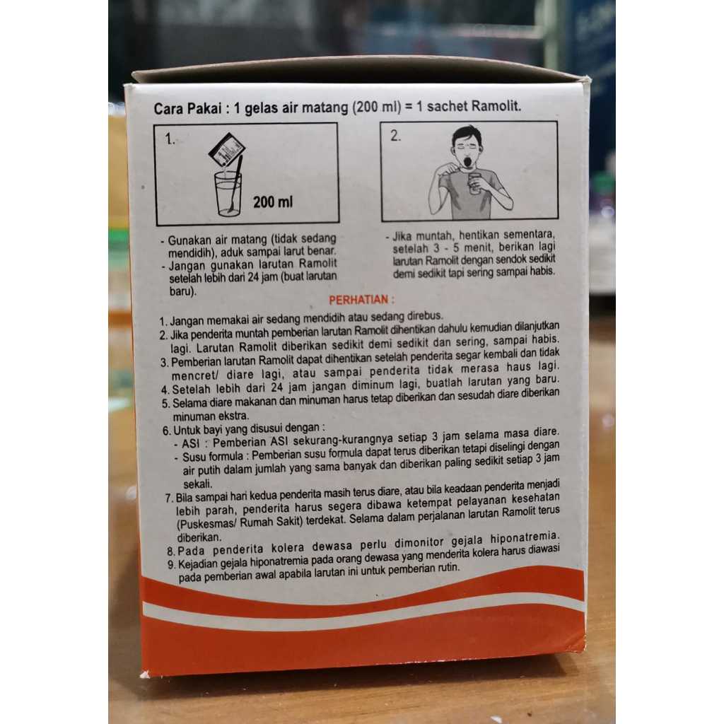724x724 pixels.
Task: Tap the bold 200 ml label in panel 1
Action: [x=273, y=202]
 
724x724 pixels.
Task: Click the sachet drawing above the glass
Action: [x=227, y=151]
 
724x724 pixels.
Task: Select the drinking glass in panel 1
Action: [x=228, y=194]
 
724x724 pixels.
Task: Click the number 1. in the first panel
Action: [x=170, y=139]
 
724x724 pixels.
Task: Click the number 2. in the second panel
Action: [x=396, y=136]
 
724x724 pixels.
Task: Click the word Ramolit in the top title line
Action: [x=496, y=106]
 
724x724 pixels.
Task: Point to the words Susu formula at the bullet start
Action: [x=213, y=457]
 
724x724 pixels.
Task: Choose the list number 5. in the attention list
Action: [x=166, y=404]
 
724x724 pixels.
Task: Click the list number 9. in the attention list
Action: [x=171, y=565]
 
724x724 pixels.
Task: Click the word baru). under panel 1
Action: [x=182, y=292]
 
